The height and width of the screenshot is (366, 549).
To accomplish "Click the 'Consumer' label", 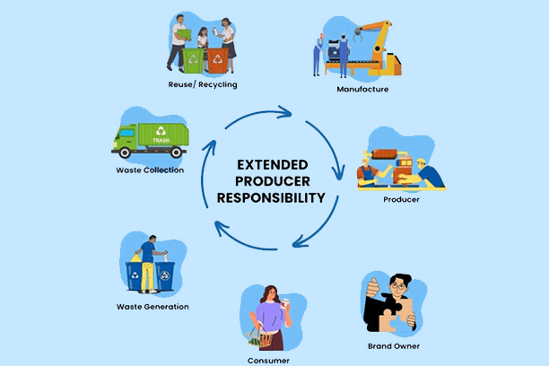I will tap(268, 361).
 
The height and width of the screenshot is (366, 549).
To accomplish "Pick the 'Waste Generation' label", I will tap(152, 307).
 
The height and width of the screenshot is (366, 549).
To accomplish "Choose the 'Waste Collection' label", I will tap(150, 170).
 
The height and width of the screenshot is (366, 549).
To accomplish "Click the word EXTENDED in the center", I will tap(274, 165).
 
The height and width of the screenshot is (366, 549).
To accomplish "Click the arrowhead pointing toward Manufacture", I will tap(289, 113).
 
